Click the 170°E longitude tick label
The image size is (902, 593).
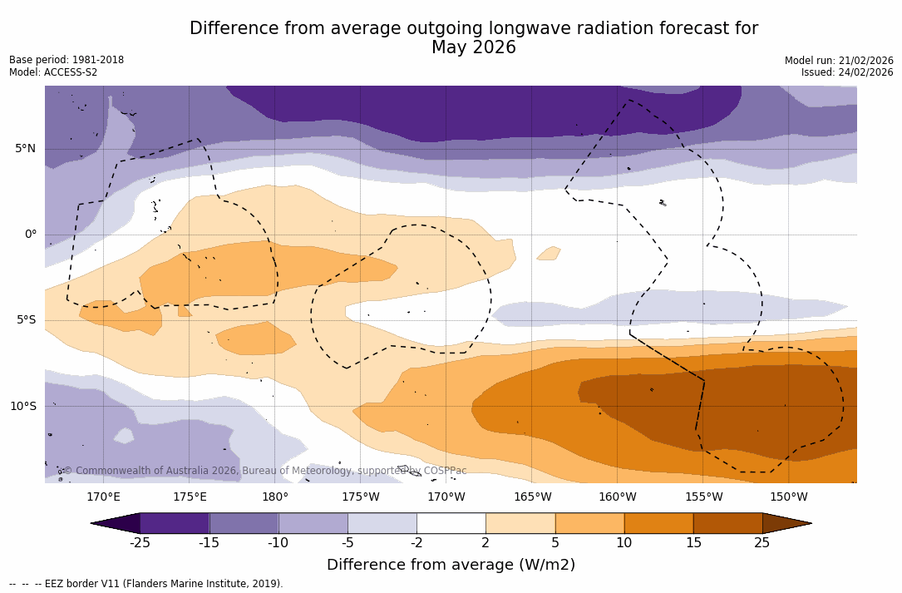point(103,497)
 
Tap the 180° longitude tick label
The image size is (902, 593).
point(275,497)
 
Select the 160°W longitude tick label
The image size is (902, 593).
point(618,497)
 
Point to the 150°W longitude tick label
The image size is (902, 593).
point(789,497)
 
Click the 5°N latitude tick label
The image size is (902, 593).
point(26,149)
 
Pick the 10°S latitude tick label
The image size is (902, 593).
point(23,407)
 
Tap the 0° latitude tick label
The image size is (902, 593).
point(31,235)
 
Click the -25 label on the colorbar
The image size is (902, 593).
point(140,543)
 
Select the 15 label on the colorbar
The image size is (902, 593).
point(693,543)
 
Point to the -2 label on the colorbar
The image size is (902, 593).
point(416,543)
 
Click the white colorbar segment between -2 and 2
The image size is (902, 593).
point(451,523)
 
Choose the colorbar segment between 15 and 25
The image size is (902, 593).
point(727,523)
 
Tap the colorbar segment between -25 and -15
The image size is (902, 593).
point(175,523)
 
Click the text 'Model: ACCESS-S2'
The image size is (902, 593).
point(53,72)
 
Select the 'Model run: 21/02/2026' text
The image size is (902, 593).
point(839,61)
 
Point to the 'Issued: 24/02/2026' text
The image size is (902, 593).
point(847,72)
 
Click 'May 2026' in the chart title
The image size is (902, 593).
point(474,48)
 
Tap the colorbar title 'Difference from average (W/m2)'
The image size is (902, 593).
point(451,565)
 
